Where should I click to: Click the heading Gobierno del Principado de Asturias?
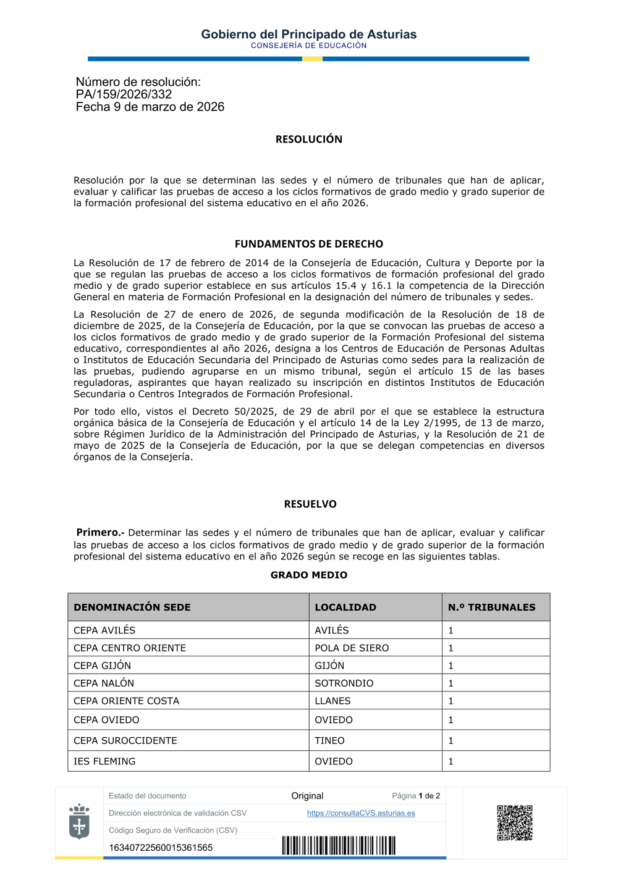[x=308, y=35]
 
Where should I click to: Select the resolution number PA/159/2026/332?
[x=124, y=94]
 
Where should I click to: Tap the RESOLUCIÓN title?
[x=308, y=140]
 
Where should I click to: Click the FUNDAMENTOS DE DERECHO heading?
[x=308, y=244]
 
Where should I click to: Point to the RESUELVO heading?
[x=310, y=504]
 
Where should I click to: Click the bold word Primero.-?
[x=100, y=532]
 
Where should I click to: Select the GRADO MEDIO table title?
[x=308, y=575]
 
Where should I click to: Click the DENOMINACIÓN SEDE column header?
[x=132, y=608]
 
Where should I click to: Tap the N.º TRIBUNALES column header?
[x=491, y=608]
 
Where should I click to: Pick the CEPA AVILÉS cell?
[x=104, y=630]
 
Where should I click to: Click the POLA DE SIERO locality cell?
[x=352, y=648]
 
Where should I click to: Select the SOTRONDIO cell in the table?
[x=344, y=683]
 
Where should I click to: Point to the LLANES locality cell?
[x=332, y=701]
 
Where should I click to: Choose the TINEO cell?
[x=329, y=741]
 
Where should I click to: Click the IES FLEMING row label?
[x=104, y=762]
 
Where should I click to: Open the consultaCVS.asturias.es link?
[x=361, y=813]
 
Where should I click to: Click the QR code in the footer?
[x=514, y=822]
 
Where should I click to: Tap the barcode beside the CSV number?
[x=339, y=845]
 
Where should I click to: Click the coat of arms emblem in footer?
[x=79, y=821]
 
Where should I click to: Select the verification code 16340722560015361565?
[x=161, y=848]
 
